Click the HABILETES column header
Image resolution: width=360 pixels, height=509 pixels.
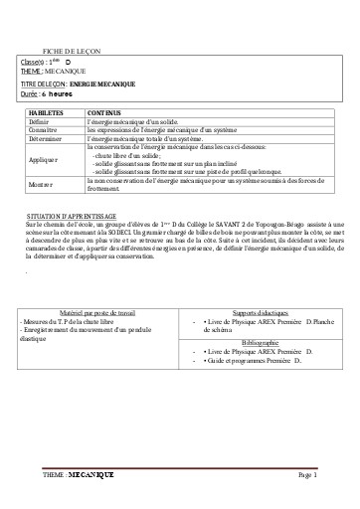[44, 112]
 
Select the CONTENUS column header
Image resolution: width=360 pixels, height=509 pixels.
[103, 112]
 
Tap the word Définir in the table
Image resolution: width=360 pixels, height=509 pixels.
[40, 121]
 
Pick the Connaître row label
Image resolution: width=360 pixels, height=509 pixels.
[43, 130]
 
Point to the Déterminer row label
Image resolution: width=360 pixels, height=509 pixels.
[45, 139]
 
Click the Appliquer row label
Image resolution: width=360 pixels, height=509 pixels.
[44, 159]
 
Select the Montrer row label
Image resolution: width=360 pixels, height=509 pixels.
[41, 184]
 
